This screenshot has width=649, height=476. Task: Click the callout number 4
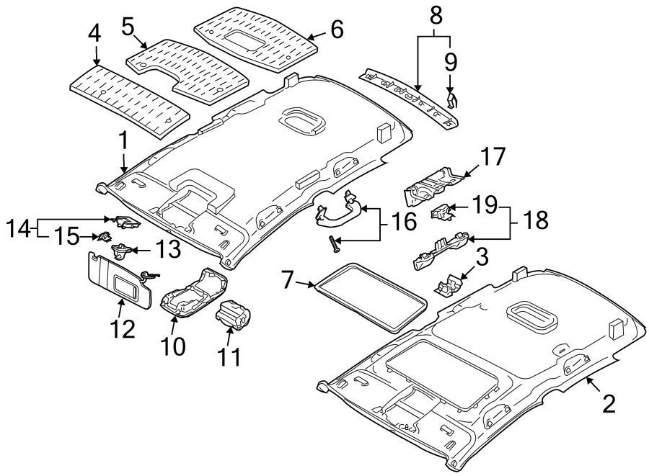(94, 33)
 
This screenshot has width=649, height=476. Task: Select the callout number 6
(336, 30)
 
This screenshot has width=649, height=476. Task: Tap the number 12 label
(122, 329)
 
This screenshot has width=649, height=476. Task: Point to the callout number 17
(494, 157)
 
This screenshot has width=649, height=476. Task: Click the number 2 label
(609, 403)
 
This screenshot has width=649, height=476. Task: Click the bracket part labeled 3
(450, 284)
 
